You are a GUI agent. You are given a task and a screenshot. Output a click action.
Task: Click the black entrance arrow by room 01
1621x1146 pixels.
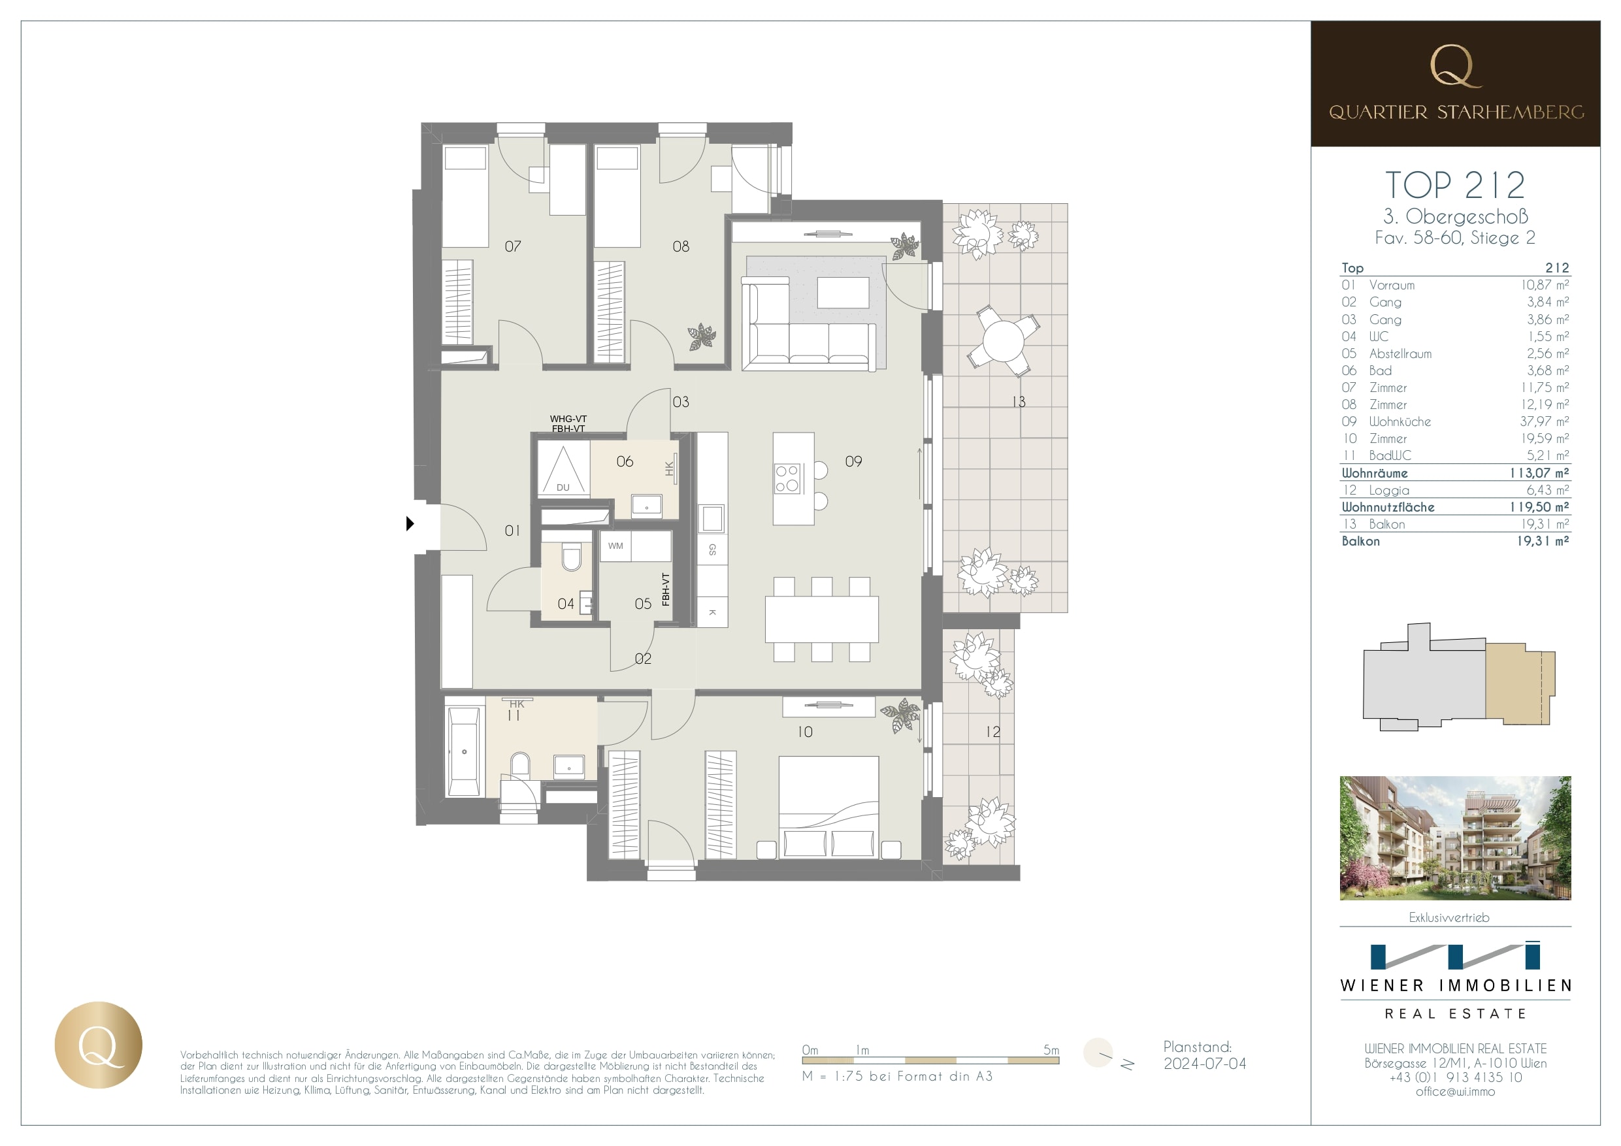click(410, 524)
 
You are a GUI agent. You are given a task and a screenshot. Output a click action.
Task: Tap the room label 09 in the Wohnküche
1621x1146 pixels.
click(853, 461)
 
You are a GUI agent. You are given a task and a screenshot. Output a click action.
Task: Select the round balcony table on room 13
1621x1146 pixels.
click(1002, 340)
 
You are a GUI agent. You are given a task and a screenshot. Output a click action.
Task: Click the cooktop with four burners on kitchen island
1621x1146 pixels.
click(787, 478)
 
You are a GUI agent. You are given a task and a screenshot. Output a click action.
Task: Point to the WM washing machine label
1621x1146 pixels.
click(615, 546)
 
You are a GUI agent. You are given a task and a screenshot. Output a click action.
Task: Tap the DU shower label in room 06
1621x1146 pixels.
click(563, 487)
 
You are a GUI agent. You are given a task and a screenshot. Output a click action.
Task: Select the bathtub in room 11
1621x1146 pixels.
click(463, 751)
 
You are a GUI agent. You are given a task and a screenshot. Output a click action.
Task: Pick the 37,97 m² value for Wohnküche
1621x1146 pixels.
click(1544, 421)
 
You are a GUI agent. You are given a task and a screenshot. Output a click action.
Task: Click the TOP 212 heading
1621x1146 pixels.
click(1454, 186)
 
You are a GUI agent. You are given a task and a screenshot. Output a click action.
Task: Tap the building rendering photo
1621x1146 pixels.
click(1454, 838)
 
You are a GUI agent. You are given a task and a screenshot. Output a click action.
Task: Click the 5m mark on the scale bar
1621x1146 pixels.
click(1051, 1050)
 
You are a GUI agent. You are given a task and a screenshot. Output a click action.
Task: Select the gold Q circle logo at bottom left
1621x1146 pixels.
click(99, 1044)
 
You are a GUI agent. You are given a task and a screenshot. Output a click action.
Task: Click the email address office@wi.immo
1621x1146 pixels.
click(1454, 1091)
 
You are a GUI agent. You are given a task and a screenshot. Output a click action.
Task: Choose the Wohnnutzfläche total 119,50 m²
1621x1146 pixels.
click(1539, 507)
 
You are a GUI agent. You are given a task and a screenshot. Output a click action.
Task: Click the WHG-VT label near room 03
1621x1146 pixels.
click(568, 419)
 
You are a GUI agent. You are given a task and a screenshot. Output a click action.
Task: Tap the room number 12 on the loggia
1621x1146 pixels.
click(992, 732)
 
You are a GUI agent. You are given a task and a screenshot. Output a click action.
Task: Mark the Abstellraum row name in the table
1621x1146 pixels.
click(1400, 353)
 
